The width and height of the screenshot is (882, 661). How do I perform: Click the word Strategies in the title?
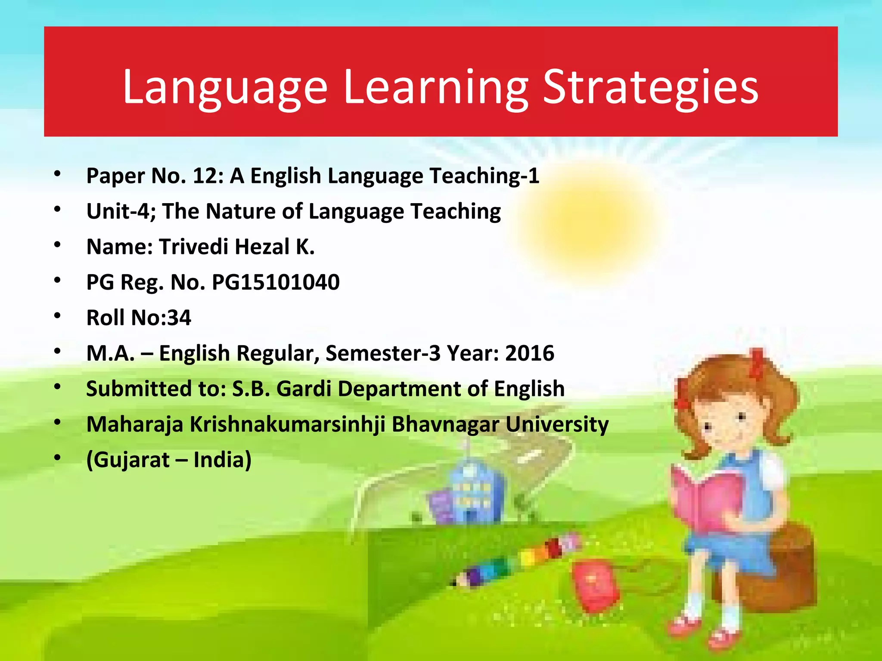[x=650, y=88]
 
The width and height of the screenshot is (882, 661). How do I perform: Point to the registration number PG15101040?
[x=276, y=282]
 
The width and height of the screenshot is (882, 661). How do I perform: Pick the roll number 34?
[x=179, y=318]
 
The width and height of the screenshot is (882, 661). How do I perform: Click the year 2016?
[x=530, y=353]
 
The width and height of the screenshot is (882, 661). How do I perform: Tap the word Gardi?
[x=304, y=389]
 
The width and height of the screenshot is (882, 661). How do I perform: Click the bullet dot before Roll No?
[x=57, y=316]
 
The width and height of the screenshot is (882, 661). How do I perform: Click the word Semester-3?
[x=383, y=353]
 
